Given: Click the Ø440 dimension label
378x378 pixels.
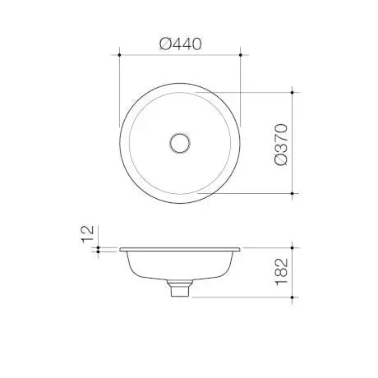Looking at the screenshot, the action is click(x=181, y=44).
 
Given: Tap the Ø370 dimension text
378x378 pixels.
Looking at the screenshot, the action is click(x=281, y=145).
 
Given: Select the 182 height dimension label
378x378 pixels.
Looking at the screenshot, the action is click(x=282, y=272).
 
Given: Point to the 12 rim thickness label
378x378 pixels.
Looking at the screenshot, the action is click(x=88, y=233).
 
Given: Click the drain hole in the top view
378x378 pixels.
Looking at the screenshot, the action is click(x=180, y=143).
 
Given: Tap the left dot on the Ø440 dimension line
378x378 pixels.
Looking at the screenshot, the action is click(x=119, y=55).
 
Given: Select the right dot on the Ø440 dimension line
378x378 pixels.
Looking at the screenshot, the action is click(x=241, y=55).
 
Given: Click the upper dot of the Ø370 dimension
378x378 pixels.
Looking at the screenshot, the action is click(x=293, y=93).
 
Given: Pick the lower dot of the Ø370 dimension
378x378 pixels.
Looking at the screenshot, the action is click(x=293, y=193).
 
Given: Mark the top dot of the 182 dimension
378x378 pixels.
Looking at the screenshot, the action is click(x=293, y=248).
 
